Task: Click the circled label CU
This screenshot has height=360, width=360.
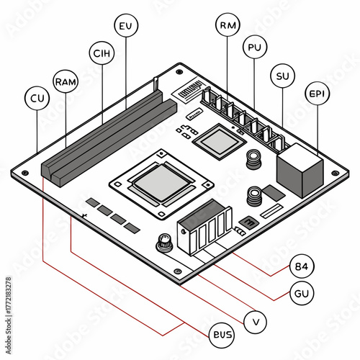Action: point(36,98)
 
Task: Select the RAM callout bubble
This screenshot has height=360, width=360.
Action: point(66,81)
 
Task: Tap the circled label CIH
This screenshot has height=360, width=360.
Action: point(102,53)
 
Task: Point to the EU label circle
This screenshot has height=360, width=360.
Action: point(126,27)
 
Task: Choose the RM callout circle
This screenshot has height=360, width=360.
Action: point(228,26)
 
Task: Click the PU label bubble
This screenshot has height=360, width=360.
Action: point(253,48)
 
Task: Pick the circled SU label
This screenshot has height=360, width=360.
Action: point(282,75)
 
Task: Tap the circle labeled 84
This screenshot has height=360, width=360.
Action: point(300,266)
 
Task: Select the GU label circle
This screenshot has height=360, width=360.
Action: point(300,293)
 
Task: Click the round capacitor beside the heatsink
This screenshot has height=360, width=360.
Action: point(165,243)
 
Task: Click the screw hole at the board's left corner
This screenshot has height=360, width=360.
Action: point(26,174)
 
